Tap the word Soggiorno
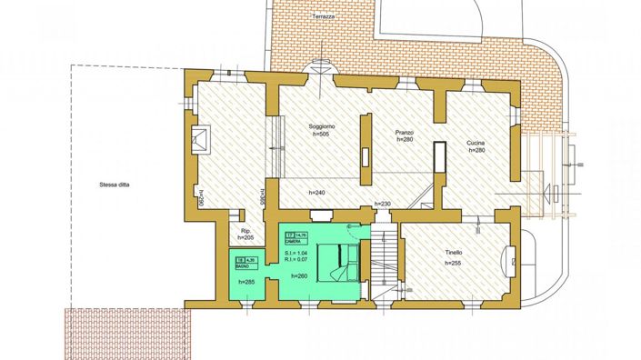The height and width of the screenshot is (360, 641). click(x=322, y=125)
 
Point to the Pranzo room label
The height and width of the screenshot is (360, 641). click(x=405, y=133)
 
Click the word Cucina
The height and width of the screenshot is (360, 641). click(x=476, y=143)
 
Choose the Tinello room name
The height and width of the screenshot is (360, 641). click(x=454, y=252)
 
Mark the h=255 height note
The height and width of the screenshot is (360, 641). click(x=454, y=262)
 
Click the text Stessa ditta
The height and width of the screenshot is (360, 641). click(x=115, y=185)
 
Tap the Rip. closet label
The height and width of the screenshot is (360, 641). click(x=245, y=231)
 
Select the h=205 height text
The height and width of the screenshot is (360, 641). click(x=245, y=238)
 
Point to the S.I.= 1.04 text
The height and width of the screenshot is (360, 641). click(x=308, y=253)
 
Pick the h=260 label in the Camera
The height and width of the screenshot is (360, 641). click(x=301, y=275)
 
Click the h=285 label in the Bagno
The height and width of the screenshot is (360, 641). click(x=246, y=282)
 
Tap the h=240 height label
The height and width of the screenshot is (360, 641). click(x=317, y=193)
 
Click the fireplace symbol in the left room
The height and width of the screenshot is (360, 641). click(x=201, y=138)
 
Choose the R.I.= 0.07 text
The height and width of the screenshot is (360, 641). click(x=308, y=260)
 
